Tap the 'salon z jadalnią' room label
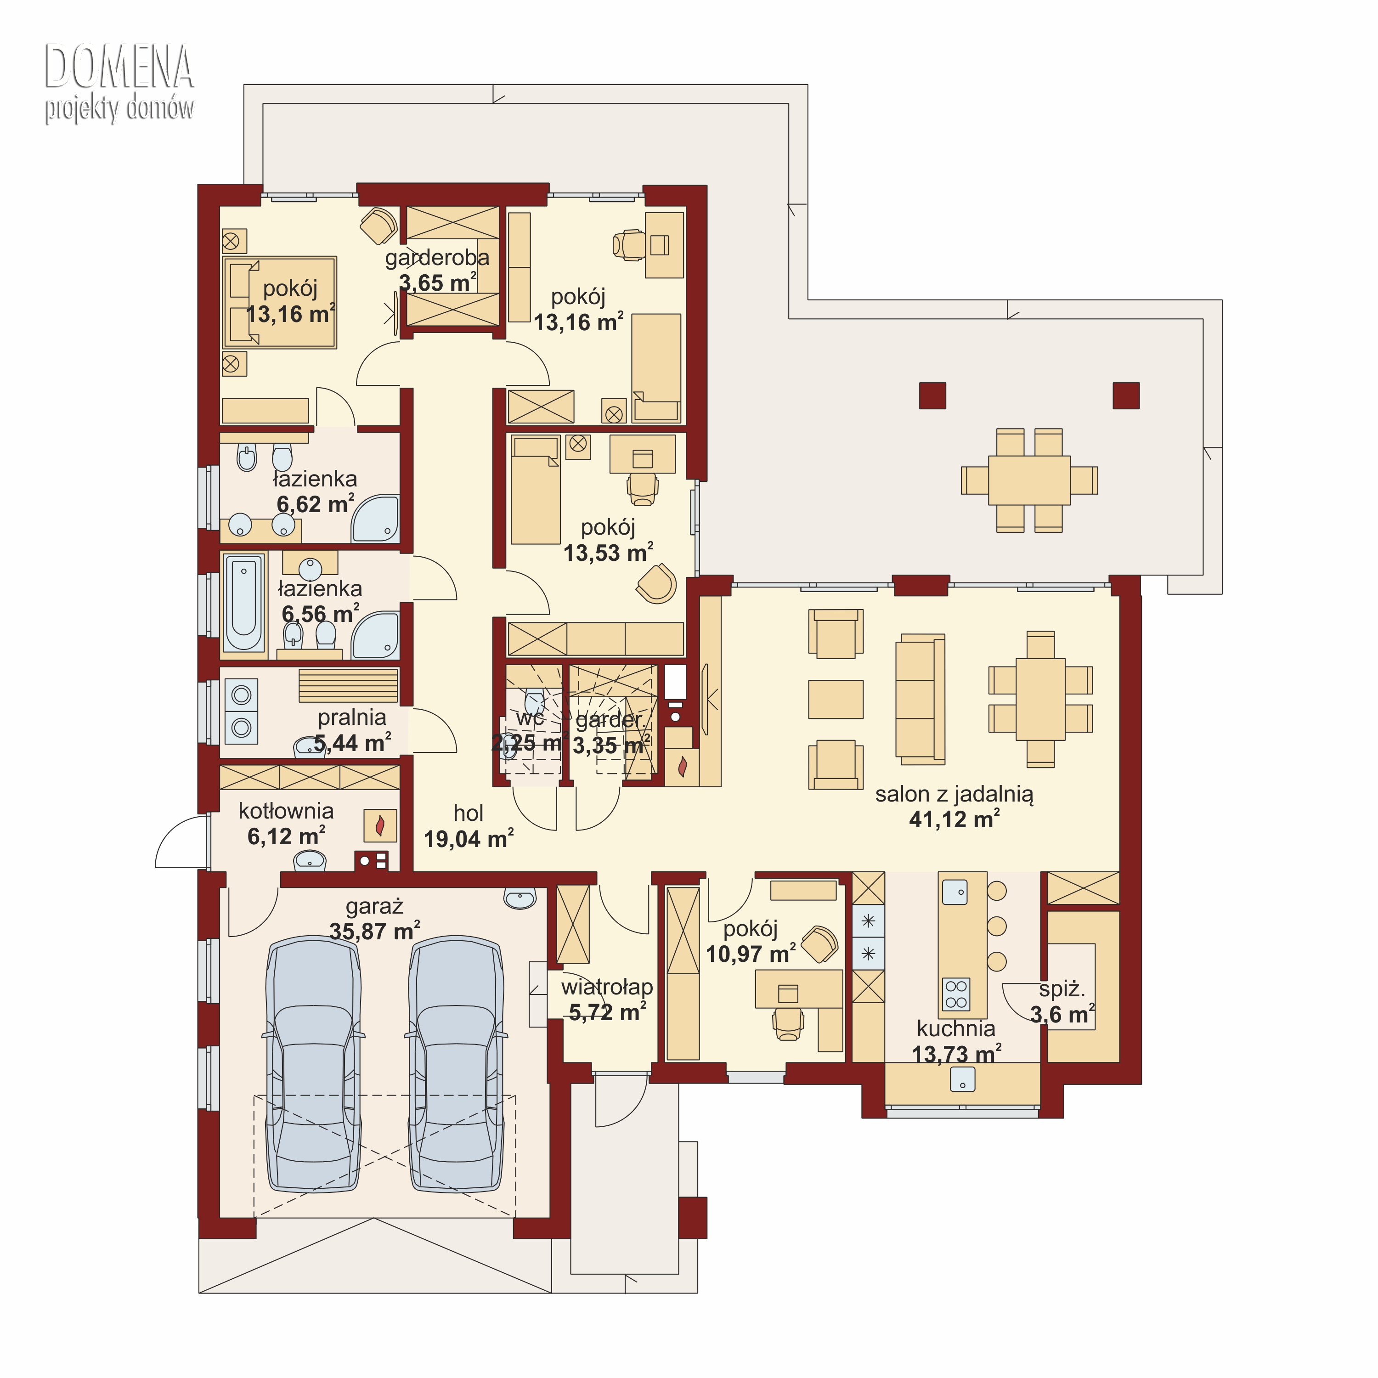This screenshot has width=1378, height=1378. [954, 795]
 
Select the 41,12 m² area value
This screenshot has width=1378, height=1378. [954, 819]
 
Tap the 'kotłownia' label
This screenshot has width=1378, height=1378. [286, 811]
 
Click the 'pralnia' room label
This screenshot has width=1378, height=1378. [352, 717]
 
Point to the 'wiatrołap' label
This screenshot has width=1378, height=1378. [607, 987]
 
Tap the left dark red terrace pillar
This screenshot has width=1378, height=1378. [932, 396]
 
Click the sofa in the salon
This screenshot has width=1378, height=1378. [920, 698]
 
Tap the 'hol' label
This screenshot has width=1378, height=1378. [468, 813]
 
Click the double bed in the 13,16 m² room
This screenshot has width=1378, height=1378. [280, 302]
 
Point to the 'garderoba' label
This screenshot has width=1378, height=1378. [437, 258]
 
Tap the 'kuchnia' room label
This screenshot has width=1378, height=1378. [956, 1028]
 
